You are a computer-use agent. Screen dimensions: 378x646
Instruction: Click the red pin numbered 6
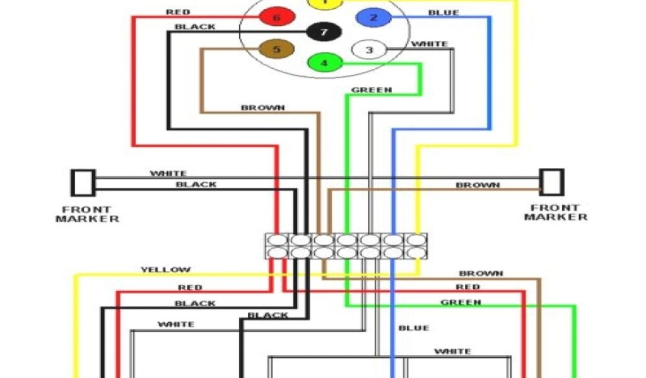[x=276, y=17]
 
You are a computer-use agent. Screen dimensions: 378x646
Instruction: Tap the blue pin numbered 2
[x=373, y=17]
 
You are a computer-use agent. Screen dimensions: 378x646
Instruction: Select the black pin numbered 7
[x=324, y=31]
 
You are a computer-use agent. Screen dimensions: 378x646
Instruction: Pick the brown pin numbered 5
[x=276, y=49]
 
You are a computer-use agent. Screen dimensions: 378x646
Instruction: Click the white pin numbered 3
[x=370, y=50]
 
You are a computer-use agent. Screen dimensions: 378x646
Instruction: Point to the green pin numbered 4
[x=324, y=62]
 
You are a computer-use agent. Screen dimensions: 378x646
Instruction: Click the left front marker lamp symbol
[x=82, y=182]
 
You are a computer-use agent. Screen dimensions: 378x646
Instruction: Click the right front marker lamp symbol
[x=553, y=181]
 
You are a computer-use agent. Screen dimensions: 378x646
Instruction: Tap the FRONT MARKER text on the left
[x=87, y=214]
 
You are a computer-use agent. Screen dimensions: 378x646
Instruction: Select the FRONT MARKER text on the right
[x=555, y=212]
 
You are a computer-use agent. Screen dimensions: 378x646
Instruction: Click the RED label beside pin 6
[x=178, y=12]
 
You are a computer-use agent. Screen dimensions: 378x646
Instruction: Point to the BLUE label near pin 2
[x=443, y=13]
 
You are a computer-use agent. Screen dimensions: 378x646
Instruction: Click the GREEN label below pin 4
[x=372, y=90]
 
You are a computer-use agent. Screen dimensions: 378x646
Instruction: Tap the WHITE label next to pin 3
[x=430, y=44]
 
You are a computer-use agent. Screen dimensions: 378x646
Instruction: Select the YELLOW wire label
[x=165, y=270]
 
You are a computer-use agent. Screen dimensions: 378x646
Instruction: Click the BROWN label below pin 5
[x=262, y=108]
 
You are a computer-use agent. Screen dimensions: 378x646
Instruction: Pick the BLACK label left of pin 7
[x=194, y=26]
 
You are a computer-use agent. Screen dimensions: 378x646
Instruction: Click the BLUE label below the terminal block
[x=413, y=328]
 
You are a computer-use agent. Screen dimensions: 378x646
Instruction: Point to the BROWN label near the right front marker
[x=478, y=185]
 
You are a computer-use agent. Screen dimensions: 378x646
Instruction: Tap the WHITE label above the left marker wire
[x=168, y=173]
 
